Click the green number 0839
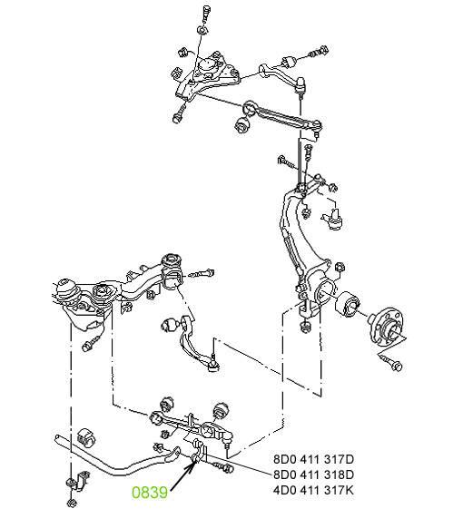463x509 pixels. (x=150, y=493)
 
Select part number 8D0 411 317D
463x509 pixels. (x=313, y=459)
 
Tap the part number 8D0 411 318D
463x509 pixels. (x=313, y=475)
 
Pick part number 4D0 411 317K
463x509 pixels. (x=313, y=490)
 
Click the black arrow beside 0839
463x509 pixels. (x=183, y=475)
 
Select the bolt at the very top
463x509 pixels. (x=206, y=14)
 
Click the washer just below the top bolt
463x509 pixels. (x=202, y=31)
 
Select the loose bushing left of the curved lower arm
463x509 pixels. (x=169, y=325)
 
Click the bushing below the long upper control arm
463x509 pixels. (x=241, y=124)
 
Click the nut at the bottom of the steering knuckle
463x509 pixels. (x=304, y=327)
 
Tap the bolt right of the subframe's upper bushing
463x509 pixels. (x=202, y=273)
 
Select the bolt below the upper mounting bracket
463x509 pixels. (x=179, y=114)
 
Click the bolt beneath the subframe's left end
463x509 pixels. (x=90, y=344)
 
